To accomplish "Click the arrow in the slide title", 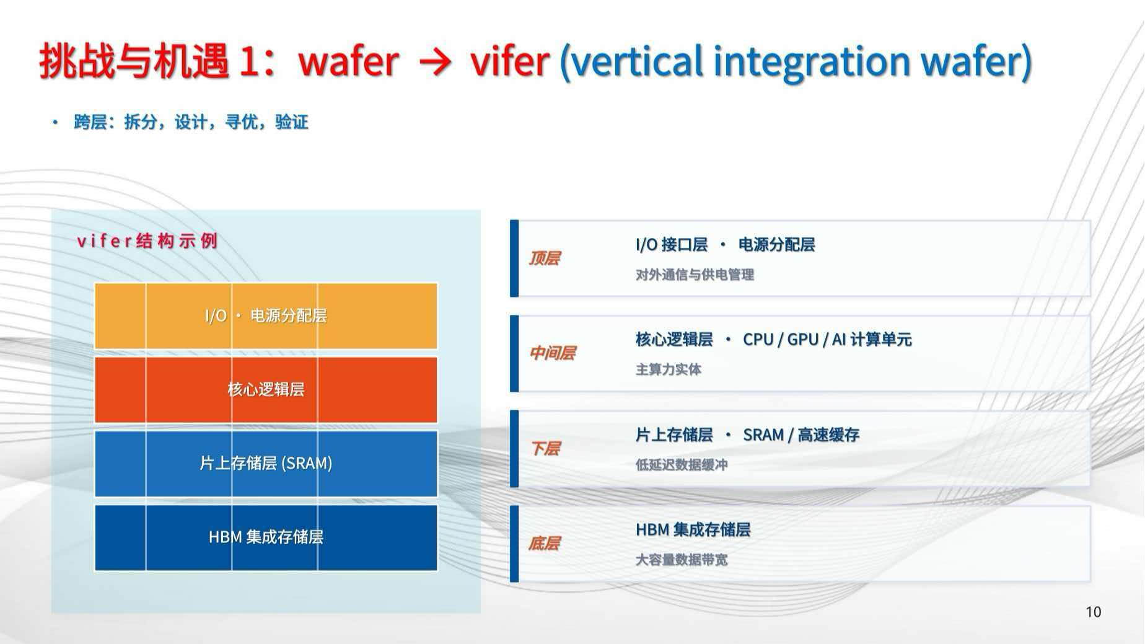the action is point(436,63).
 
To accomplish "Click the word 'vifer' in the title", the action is point(509,61).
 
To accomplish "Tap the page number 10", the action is point(1093,612).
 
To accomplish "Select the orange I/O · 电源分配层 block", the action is point(266,316).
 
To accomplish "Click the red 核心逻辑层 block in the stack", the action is point(266,390).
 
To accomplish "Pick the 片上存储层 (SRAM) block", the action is point(266,464).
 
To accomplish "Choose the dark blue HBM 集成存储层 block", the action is point(266,537).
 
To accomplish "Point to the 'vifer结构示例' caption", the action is point(147,240).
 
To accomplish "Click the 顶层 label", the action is point(544,258).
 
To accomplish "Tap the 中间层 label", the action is point(552,353).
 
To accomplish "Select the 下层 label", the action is point(544,448).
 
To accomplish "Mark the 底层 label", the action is point(544,544).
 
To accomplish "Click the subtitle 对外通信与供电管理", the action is point(695,275).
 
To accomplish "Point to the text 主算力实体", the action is point(668,369).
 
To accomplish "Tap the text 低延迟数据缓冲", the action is point(682,465).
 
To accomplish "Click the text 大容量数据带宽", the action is point(682,560).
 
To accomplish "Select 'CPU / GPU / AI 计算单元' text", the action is point(827,340).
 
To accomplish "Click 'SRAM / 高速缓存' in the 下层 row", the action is point(801,435).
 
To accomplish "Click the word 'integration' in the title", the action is point(812,62).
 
